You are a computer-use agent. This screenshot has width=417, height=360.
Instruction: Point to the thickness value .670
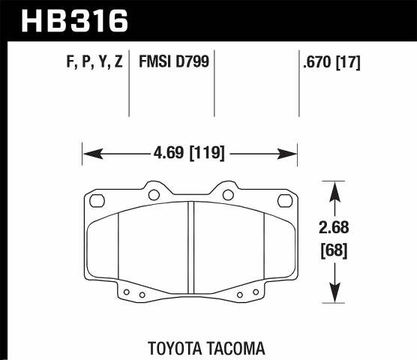(x=314, y=63)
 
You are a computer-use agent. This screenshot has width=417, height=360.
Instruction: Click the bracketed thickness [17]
(x=349, y=63)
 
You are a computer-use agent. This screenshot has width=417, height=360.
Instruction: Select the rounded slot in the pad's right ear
(x=285, y=200)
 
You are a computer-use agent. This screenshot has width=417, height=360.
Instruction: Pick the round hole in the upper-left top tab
(x=154, y=196)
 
